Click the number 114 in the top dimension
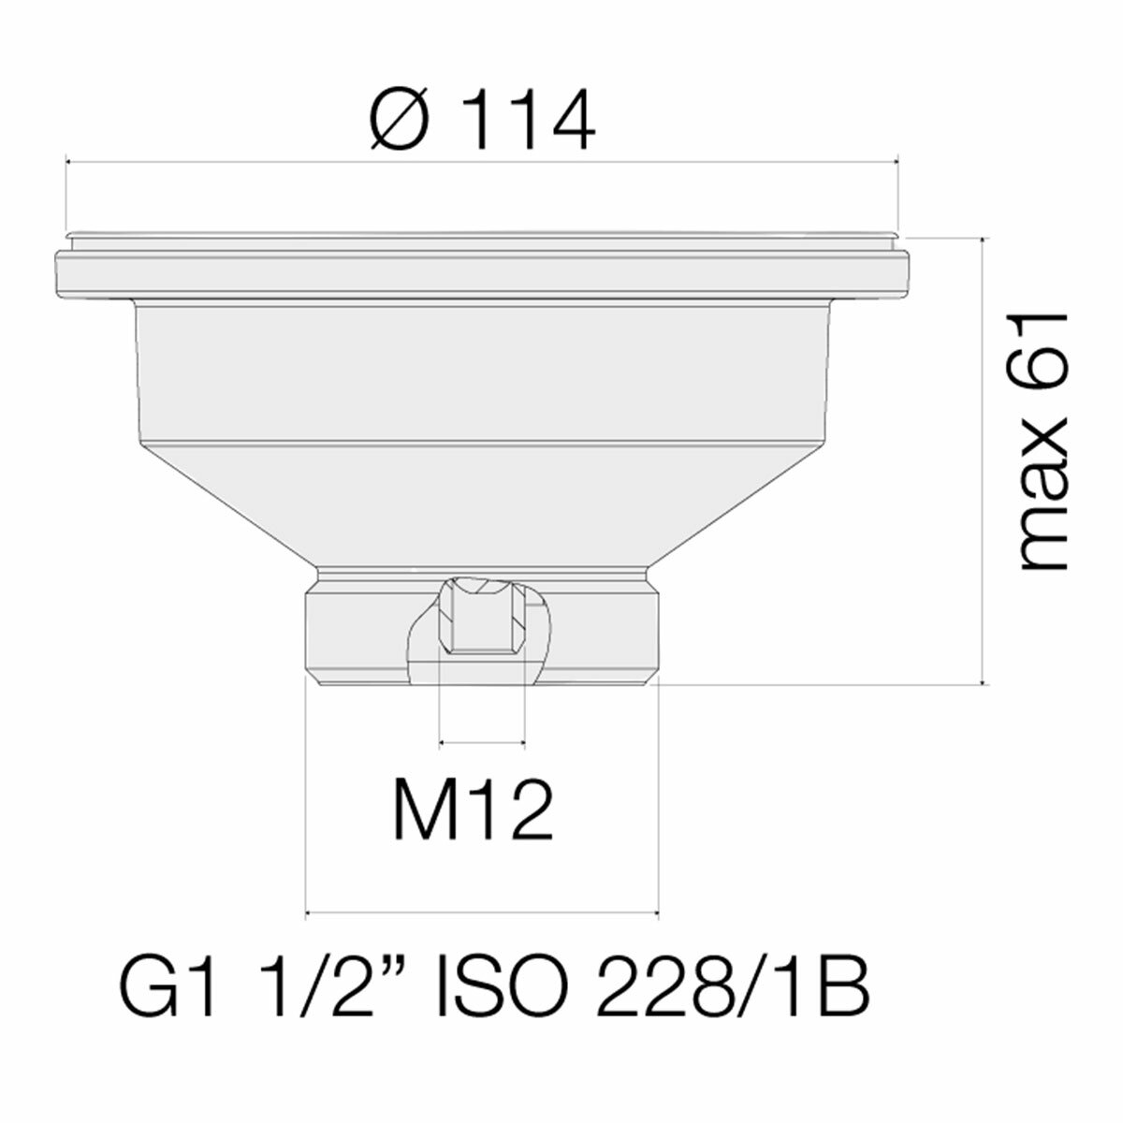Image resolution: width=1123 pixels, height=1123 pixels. tap(529, 122)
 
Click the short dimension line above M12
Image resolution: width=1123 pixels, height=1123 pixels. tap(481, 744)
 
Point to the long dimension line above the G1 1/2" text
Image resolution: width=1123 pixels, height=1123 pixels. tap(482, 912)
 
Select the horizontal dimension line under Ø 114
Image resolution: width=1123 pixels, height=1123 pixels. tap(482, 161)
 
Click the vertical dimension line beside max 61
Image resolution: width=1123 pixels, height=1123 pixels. tap(981, 459)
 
